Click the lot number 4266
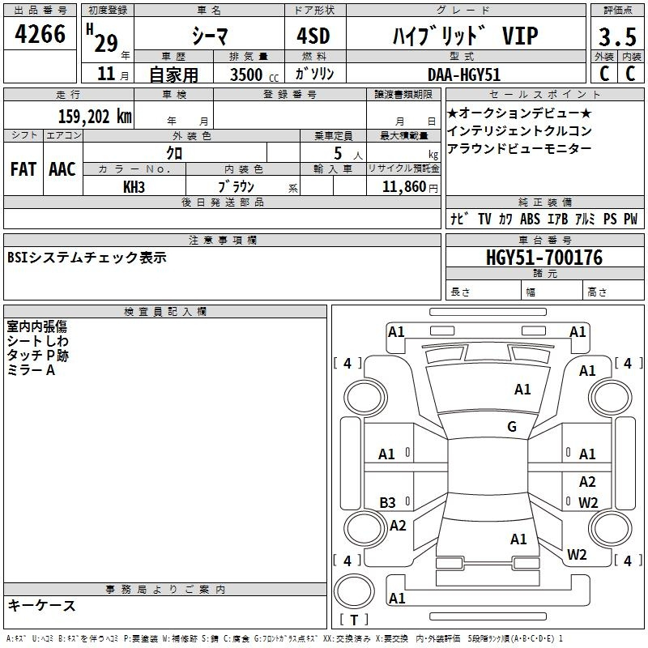[x=40, y=33]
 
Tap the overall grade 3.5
[x=617, y=36]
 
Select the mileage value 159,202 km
[x=95, y=117]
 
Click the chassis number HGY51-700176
[x=544, y=258]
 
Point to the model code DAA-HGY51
[x=464, y=75]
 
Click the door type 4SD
[x=313, y=36]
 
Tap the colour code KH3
[x=134, y=187]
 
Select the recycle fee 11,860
[x=404, y=187]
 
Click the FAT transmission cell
[x=23, y=169]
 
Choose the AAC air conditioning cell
[x=62, y=169]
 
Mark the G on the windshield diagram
[x=512, y=427]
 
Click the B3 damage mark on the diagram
[x=387, y=502]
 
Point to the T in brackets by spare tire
[x=354, y=620]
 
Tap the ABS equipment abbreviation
[x=530, y=219]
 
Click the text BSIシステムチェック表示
[x=87, y=258]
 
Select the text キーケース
[x=42, y=606]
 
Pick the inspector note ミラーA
[x=31, y=370]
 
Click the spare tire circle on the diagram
[x=354, y=591]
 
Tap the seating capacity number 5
[x=338, y=154]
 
